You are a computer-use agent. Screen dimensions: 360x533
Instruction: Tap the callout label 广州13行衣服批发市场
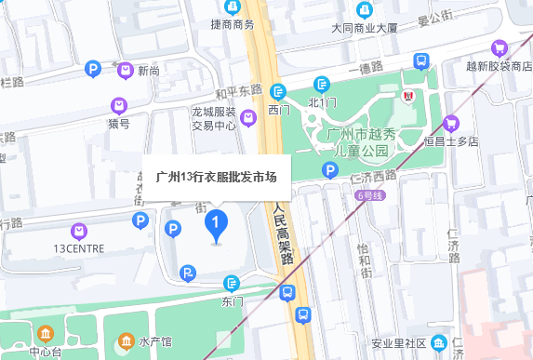[217, 174]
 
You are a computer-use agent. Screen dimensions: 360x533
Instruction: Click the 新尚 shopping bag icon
[125, 70]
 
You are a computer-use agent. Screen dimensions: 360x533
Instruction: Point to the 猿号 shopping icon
[118, 105]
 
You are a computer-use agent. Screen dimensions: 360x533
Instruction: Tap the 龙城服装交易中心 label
[215, 118]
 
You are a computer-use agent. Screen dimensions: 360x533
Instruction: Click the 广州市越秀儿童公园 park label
[362, 142]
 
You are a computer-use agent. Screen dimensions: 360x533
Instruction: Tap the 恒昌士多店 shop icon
[451, 123]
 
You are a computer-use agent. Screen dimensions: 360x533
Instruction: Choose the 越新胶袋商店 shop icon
[500, 47]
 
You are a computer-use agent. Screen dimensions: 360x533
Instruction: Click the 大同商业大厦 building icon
[365, 10]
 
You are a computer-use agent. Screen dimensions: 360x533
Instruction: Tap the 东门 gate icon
[232, 284]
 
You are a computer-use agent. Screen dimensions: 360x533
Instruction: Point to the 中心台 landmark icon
[46, 335]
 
